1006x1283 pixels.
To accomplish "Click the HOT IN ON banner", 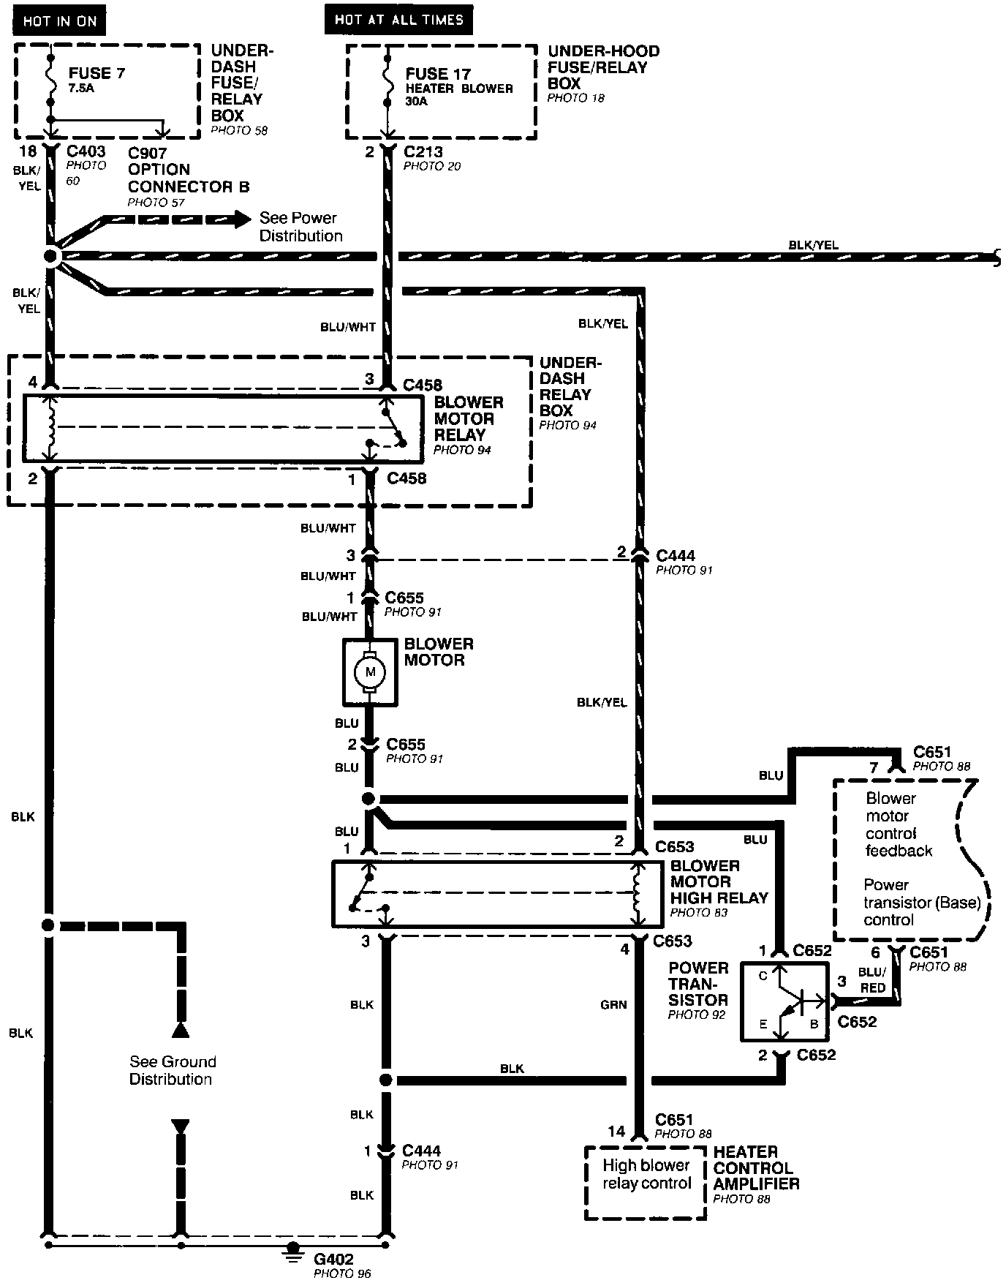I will (59, 20).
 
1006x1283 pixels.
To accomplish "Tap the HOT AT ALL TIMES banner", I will (398, 20).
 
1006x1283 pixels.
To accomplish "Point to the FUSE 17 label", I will (438, 74).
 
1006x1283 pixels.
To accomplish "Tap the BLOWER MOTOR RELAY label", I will (469, 418).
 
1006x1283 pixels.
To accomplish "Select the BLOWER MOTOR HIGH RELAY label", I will (719, 881).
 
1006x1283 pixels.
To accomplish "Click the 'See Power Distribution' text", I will (300, 227).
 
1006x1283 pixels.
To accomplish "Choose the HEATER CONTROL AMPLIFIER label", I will (756, 1167).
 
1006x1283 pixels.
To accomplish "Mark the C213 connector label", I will (424, 152).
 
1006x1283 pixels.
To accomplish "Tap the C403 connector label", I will (86, 151).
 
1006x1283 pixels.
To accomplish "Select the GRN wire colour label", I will (613, 1004).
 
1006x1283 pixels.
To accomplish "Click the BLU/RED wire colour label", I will (872, 979).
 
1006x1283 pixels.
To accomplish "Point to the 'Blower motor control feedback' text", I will (899, 824).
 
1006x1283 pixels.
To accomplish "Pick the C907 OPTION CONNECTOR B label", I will (188, 170).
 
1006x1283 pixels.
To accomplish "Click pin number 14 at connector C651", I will (617, 1132).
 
